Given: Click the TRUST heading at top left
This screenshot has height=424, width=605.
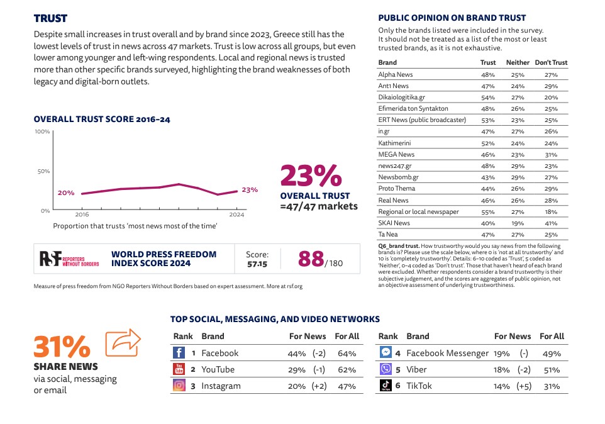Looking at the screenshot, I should coord(50,18).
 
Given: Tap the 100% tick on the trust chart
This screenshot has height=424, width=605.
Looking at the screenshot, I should coord(42,131).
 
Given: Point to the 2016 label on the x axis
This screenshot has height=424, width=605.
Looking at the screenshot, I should coord(82,215).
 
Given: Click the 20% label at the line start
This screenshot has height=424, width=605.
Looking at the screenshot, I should coord(66,192).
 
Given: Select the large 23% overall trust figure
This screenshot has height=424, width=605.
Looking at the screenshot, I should coord(310,176).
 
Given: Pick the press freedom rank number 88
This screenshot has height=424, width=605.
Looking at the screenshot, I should coord(311,259).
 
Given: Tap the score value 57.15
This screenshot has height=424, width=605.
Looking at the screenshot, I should coord(257,264).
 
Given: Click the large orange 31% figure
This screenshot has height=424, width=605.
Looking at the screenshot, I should coord(62,346).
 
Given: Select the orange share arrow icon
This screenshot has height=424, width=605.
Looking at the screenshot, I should coord(123,342).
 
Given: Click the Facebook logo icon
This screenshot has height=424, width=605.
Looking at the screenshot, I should coord(179,353).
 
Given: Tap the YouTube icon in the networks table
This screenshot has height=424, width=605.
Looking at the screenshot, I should coord(179,369).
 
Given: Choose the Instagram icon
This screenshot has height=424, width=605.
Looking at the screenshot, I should coord(179,386).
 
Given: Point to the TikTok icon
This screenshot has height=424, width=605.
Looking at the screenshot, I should coord(386,386).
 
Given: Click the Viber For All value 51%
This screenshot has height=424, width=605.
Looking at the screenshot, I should coord(552,370).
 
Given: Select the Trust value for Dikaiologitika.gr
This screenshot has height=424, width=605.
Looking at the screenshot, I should coord(487,98).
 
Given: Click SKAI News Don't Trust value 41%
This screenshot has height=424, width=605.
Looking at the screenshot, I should coord(551,223).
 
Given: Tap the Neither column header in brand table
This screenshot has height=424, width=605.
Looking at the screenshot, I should coord(518,62).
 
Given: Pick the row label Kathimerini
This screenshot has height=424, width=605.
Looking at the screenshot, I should coord(394,143).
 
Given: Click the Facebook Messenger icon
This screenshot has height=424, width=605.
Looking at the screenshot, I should coord(386,353).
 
